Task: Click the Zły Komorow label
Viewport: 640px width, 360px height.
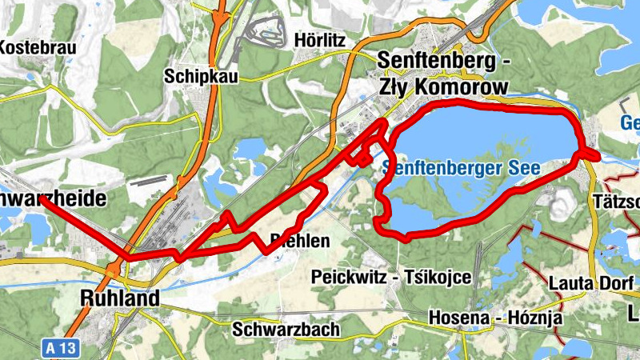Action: pos(443,86)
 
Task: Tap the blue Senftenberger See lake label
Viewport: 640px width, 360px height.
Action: pos(462,168)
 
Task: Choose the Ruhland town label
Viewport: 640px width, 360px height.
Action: pos(119,298)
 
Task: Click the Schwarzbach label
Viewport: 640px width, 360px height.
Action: pos(286,329)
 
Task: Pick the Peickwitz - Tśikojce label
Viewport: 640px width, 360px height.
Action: pos(390,277)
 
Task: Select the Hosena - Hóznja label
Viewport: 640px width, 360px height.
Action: pos(495,318)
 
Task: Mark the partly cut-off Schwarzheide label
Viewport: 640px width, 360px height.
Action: pos(53,200)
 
